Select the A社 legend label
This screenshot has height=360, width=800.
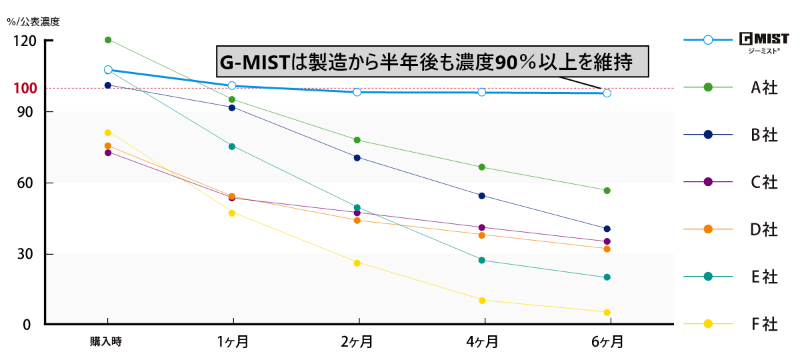tap(764, 87)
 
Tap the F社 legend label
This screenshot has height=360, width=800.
tap(764, 325)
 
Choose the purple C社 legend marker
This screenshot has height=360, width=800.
tap(708, 182)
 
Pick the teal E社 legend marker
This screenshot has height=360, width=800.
tap(708, 277)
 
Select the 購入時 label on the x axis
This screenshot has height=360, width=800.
tap(107, 342)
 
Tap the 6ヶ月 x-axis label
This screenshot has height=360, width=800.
tap(607, 342)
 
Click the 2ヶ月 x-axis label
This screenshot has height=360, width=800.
tap(357, 342)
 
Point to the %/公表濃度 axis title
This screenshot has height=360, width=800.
tap(33, 21)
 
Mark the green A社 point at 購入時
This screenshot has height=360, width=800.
tap(108, 40)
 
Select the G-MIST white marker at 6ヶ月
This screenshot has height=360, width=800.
tap(607, 93)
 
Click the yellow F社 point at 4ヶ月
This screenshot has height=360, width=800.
tap(482, 300)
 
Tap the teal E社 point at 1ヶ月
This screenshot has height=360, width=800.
tap(232, 147)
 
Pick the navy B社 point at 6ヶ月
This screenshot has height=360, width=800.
tap(607, 229)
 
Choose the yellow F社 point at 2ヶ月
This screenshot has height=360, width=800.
tap(357, 263)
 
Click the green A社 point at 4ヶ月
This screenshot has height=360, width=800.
tap(482, 167)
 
